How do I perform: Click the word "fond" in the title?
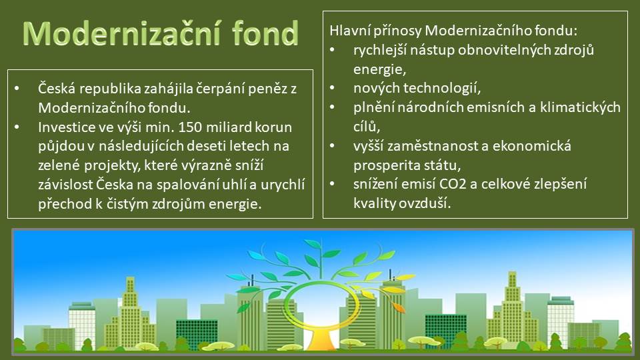coord(265,33)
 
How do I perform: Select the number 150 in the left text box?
coord(190,127)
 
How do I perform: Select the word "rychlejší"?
coord(380,51)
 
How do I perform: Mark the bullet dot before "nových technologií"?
coord(332,88)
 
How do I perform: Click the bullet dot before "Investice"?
coord(17,127)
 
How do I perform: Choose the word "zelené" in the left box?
coord(59,165)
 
